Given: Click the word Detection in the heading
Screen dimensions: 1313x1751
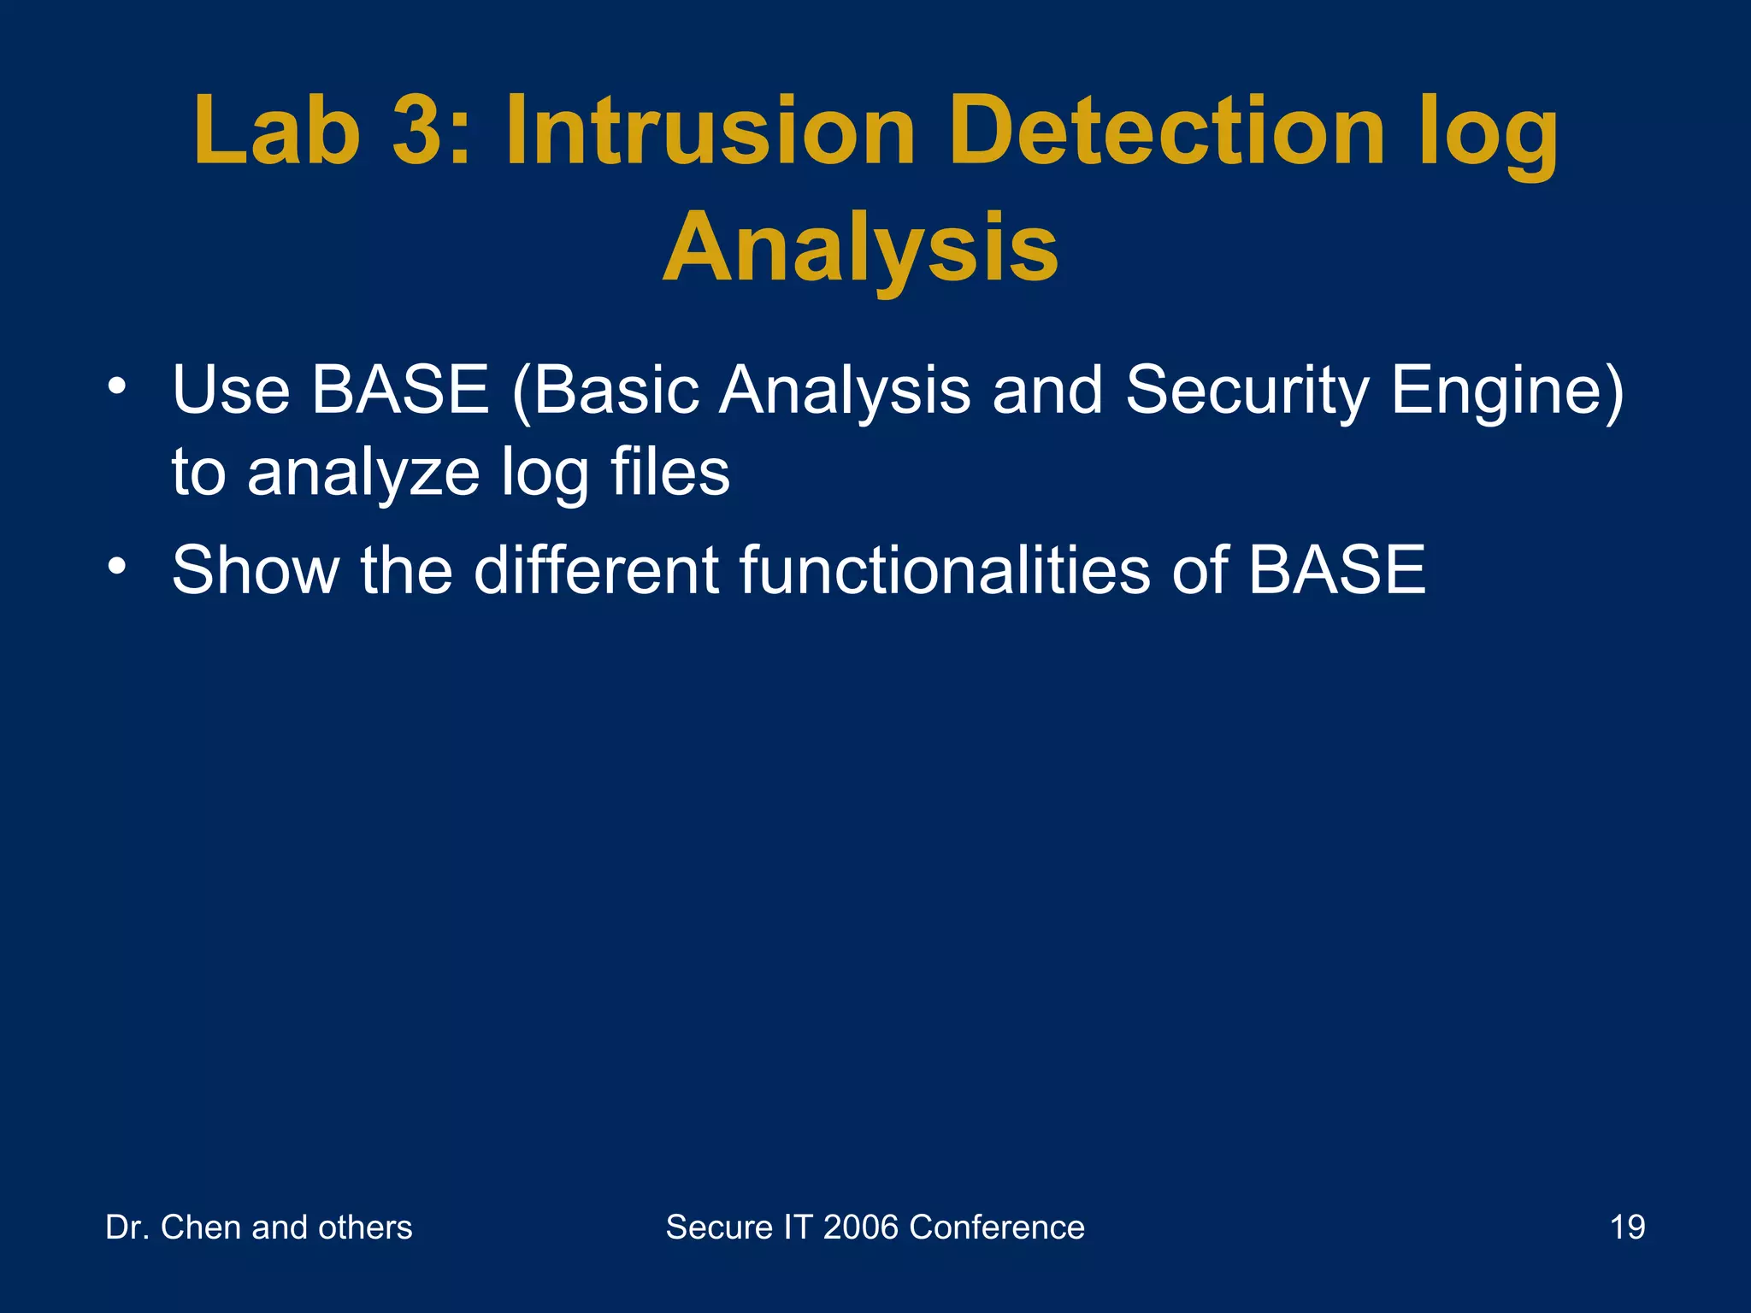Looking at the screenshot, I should click(x=1166, y=131).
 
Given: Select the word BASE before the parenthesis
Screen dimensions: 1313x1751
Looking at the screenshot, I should click(x=399, y=391).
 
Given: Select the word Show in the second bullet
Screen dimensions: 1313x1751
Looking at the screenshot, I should click(x=255, y=570).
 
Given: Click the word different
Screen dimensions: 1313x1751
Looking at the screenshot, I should click(x=596, y=570).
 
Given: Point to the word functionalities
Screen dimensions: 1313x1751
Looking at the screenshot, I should click(x=944, y=570).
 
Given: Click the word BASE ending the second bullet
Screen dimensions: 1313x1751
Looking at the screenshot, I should click(x=1336, y=570).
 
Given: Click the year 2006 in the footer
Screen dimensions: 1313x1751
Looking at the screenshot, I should click(x=860, y=1228).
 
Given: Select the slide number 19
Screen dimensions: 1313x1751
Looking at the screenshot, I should click(x=1627, y=1228).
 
